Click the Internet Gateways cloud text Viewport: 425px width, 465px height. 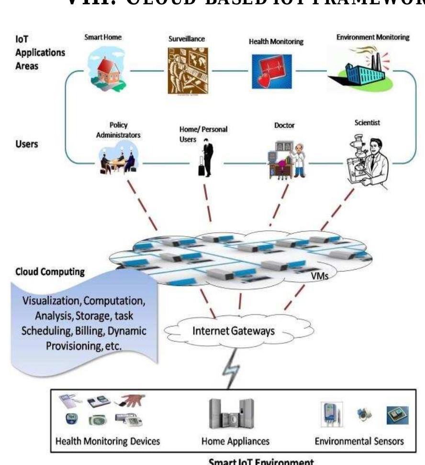233,330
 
